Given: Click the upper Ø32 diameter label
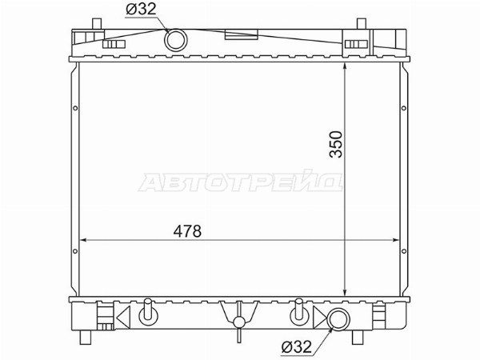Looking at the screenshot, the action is (x=141, y=10).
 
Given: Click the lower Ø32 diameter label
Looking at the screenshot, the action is (x=297, y=346).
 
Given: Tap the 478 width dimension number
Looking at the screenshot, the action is (x=187, y=231).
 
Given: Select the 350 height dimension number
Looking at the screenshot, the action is (x=336, y=144).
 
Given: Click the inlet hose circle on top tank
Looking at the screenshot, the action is (x=176, y=40).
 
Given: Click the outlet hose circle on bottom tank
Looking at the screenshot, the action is (x=338, y=319).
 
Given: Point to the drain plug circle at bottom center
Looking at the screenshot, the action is (x=239, y=322).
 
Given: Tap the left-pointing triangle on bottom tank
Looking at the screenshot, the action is (x=124, y=317).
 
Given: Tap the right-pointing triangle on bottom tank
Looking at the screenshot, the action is (x=319, y=317).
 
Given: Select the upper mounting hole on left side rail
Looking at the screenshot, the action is (x=75, y=108).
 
